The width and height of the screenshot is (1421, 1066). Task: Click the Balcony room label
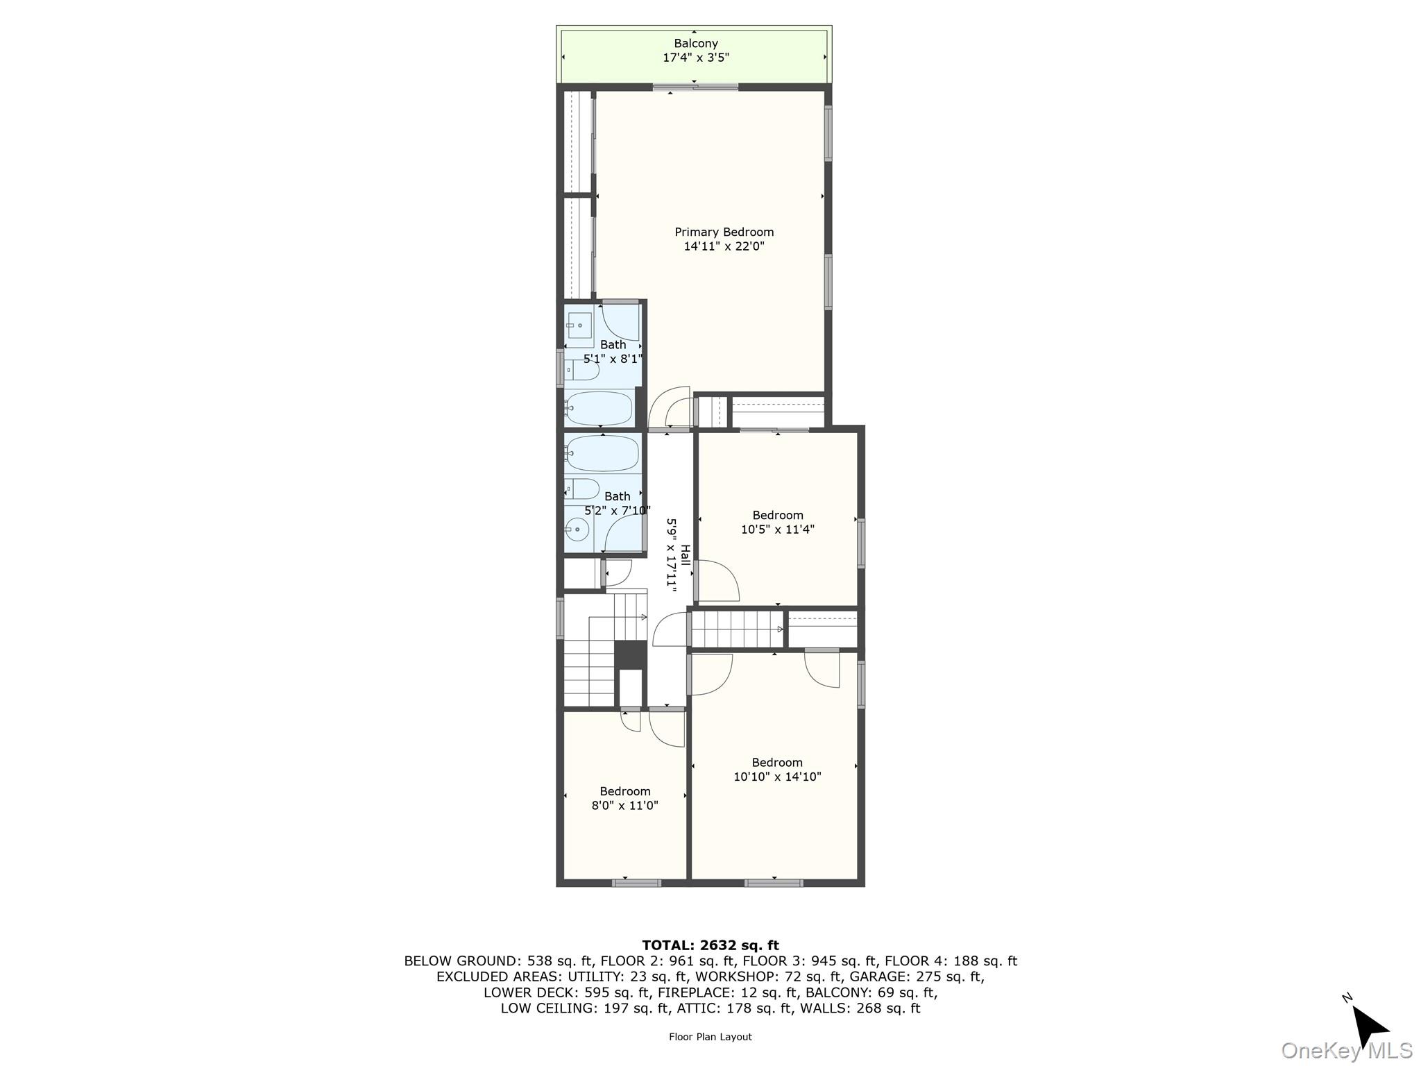pos(695,43)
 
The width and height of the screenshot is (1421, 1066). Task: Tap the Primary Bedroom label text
pos(724,232)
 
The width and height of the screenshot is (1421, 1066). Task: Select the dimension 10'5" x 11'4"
pos(777,530)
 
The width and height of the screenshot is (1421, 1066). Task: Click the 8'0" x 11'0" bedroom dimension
pos(624,806)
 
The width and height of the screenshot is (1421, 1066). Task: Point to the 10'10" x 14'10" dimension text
pos(777,777)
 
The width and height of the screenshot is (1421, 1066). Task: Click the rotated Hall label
pos(686,555)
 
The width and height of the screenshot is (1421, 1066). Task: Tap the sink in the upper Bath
pos(579,325)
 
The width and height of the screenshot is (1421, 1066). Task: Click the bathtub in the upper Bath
pos(599,408)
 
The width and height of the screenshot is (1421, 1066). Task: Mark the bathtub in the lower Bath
pos(602,453)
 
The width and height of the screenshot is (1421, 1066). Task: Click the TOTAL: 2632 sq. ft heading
pos(710,945)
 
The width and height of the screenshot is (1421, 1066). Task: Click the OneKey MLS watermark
pos(1346,1050)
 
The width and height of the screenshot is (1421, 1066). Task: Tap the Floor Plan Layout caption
pos(710,1036)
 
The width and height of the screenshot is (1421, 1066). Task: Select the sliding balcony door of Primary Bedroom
pos(695,87)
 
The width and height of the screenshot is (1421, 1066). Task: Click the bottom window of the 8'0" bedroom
pos(636,883)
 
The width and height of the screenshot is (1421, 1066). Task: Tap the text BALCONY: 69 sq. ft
pos(871,992)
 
